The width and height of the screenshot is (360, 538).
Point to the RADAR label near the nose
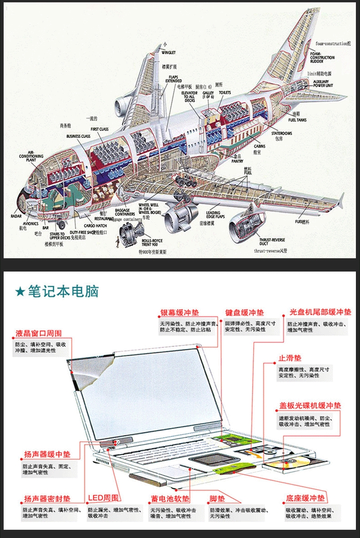tap(16, 216)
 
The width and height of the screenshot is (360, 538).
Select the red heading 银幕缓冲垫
tap(179, 313)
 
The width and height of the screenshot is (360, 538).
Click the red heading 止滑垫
tap(290, 359)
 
